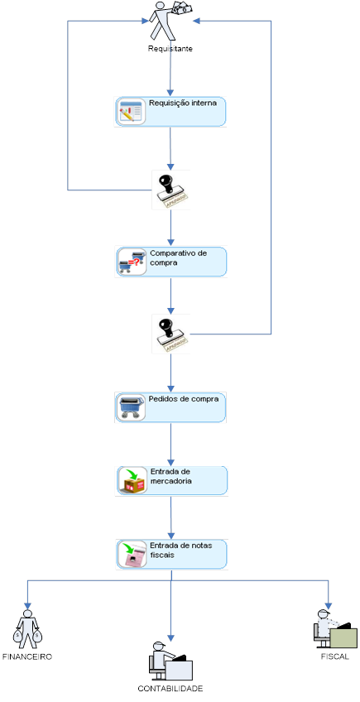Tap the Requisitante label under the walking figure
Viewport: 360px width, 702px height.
click(170, 50)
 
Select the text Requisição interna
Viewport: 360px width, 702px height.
click(183, 104)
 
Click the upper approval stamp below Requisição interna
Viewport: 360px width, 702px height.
click(170, 190)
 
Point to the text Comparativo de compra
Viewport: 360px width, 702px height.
click(178, 257)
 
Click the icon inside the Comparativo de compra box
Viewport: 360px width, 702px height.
click(131, 262)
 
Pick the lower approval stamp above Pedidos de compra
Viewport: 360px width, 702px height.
click(170, 334)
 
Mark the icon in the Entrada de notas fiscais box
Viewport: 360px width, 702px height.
click(131, 555)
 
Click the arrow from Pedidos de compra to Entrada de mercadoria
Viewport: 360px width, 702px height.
click(170, 445)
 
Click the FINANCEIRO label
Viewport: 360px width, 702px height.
click(27, 656)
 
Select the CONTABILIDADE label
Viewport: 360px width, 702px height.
click(170, 689)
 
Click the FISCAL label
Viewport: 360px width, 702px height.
click(335, 656)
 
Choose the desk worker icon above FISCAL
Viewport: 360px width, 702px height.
click(334, 629)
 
